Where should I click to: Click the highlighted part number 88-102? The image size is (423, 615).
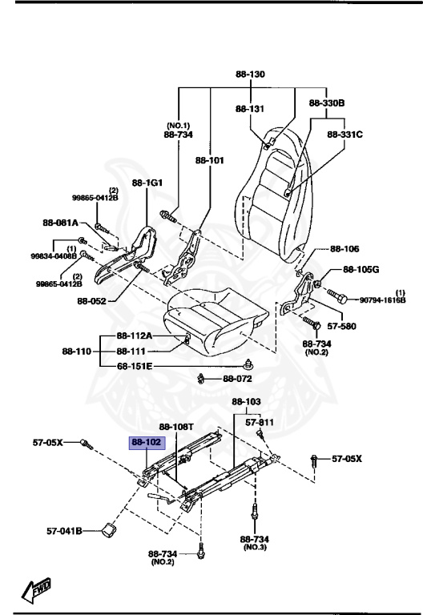pyautogui.click(x=147, y=441)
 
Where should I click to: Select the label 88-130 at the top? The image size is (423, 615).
pyautogui.click(x=248, y=74)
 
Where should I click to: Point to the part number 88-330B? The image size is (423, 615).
pyautogui.click(x=327, y=103)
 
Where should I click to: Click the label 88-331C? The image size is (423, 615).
pyautogui.click(x=345, y=135)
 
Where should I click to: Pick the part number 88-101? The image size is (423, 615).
pyautogui.click(x=210, y=160)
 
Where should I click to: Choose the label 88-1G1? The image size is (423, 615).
pyautogui.click(x=147, y=183)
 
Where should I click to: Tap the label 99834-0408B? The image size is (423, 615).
pyautogui.click(x=54, y=255)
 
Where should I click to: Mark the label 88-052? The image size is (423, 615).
pyautogui.click(x=93, y=301)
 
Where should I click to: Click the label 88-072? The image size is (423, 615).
pyautogui.click(x=238, y=378)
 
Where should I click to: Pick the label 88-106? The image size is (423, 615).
pyautogui.click(x=344, y=249)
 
